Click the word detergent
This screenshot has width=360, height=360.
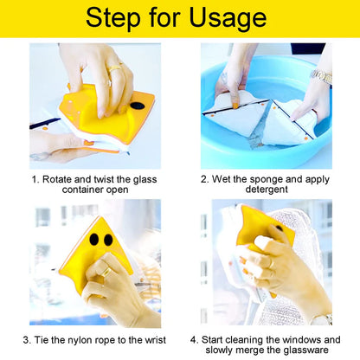coord(267,190)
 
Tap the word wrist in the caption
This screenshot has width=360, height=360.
coord(152,339)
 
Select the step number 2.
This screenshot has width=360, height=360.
coord(204,179)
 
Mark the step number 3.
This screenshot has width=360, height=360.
coord(27,339)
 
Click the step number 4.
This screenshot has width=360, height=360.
coord(194,339)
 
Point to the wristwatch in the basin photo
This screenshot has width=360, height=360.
coord(321,76)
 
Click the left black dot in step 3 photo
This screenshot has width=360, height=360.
coord(93,238)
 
